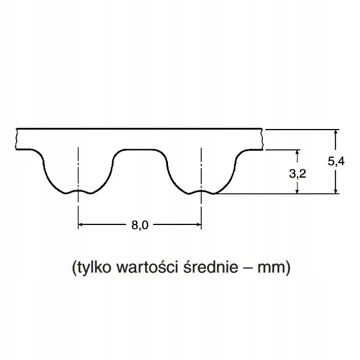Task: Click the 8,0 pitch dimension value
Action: [x=139, y=225]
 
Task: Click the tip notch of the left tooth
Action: [x=79, y=191]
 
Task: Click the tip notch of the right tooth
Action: [x=201, y=191]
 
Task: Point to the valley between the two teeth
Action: [x=139, y=151]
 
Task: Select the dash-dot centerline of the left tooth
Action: [x=79, y=174]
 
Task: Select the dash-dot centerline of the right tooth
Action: [x=201, y=174]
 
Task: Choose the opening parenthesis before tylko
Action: [x=73, y=268]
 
